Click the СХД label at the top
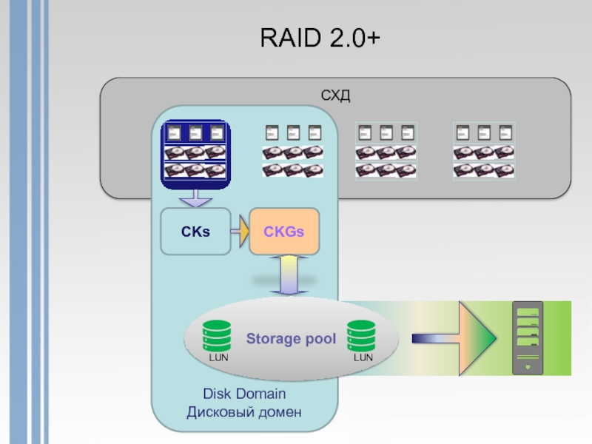pos(334,96)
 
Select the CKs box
pos(196,232)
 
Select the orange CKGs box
pos(284,232)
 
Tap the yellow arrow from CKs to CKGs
pos(240,232)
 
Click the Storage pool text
pos(291,340)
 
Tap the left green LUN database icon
pos(217,335)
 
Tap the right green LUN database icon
pos(362,335)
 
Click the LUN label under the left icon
pos(219,358)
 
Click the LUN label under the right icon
pos(363,358)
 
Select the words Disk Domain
pos(244,394)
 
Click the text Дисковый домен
pos(244,411)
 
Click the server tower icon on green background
pos(528,337)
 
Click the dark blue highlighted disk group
pos(196,152)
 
